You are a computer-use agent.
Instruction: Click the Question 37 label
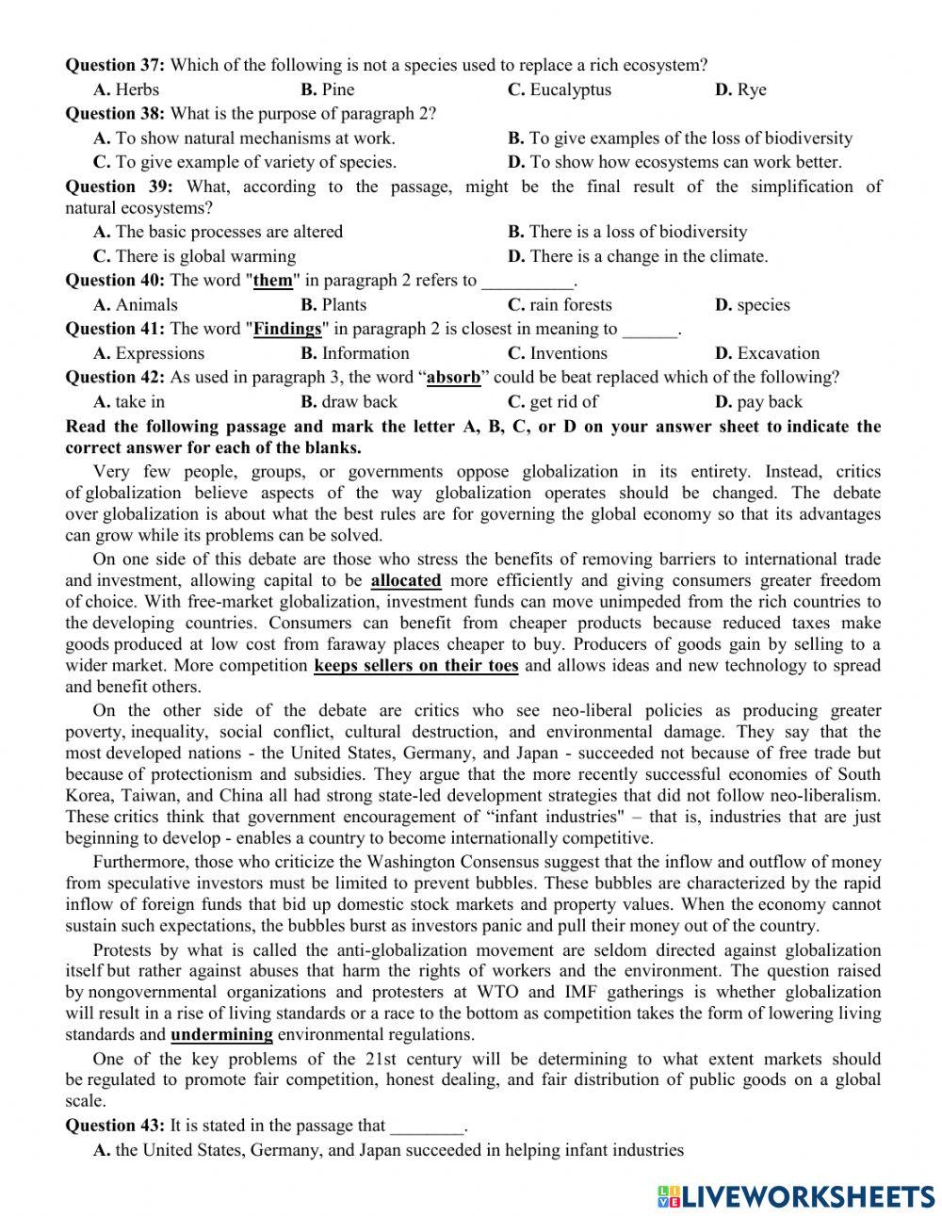pyautogui.click(x=114, y=65)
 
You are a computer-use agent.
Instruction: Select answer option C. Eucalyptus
pyautogui.click(x=559, y=89)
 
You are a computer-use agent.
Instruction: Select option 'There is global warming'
pyautogui.click(x=194, y=256)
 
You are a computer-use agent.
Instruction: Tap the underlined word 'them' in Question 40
pyautogui.click(x=273, y=280)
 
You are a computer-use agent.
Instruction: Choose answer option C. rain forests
pyautogui.click(x=559, y=304)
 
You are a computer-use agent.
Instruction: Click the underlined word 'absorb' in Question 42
pyautogui.click(x=453, y=377)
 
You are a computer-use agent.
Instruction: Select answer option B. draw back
pyautogui.click(x=349, y=401)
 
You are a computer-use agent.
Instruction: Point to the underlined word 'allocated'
pyautogui.click(x=406, y=580)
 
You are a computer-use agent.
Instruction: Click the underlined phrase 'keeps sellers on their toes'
pyautogui.click(x=415, y=665)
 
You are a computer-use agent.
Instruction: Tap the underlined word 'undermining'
pyautogui.click(x=221, y=1034)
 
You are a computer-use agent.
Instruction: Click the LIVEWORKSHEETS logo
pyautogui.click(x=796, y=1195)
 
